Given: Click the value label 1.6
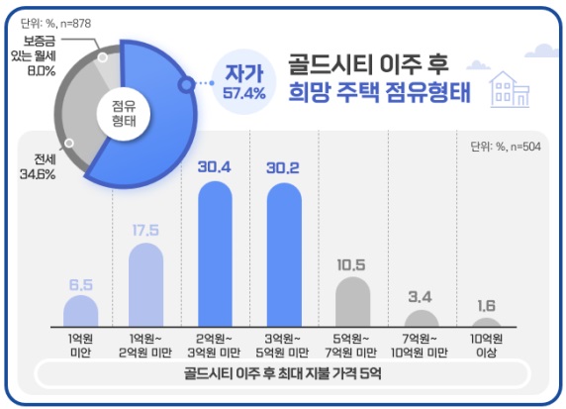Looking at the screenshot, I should click(x=486, y=304).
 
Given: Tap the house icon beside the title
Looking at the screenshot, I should click(x=510, y=88).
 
